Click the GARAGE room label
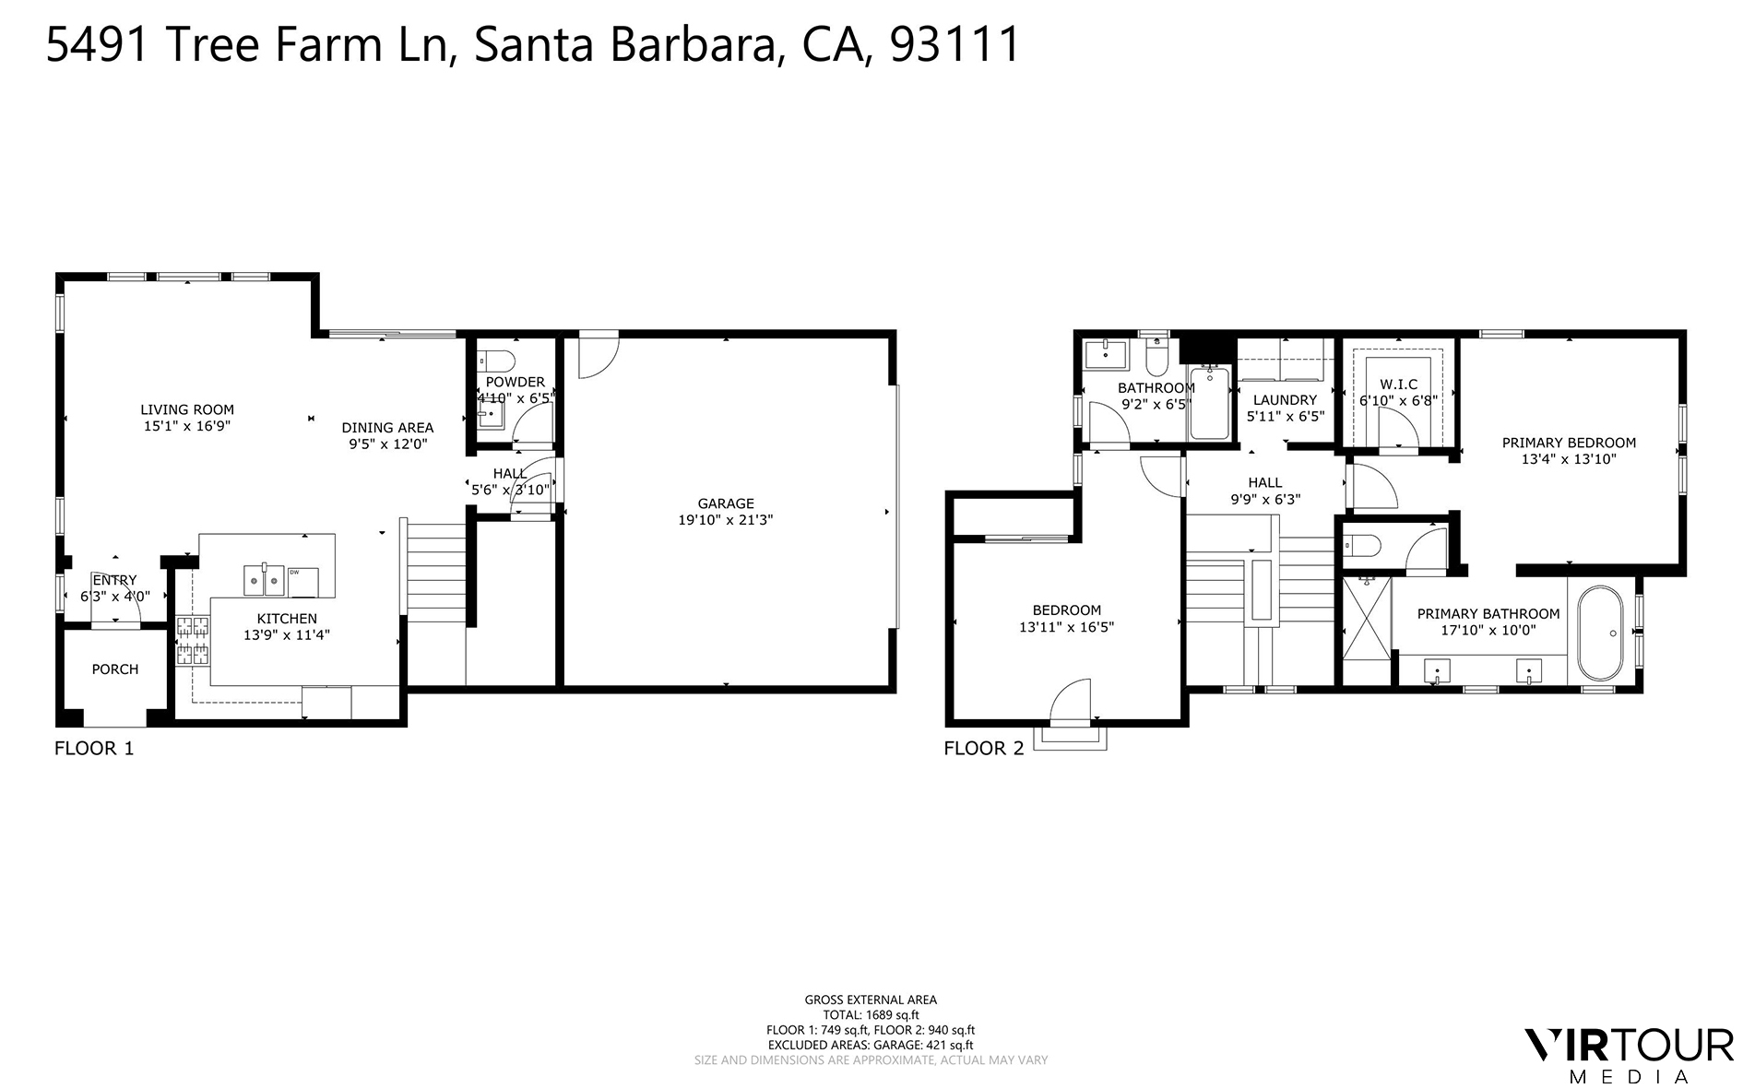click(725, 503)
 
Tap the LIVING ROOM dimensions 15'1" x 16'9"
click(186, 426)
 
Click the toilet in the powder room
click(499, 361)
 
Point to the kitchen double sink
click(264, 581)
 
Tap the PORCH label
click(115, 669)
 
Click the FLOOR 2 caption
click(983, 748)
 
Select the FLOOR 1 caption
click(94, 748)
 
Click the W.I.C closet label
click(1398, 385)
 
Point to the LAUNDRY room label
click(1285, 400)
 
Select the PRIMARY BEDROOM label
click(1568, 443)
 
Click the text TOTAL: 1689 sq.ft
click(870, 1014)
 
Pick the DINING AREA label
click(387, 428)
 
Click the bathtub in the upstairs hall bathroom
click(1209, 403)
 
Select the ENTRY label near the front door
click(114, 580)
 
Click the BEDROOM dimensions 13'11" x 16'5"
click(1066, 627)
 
